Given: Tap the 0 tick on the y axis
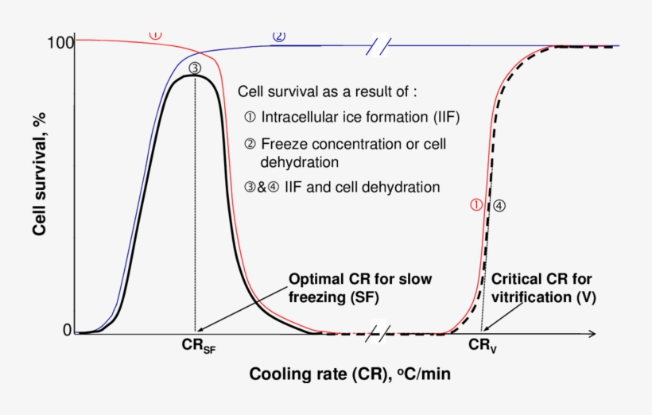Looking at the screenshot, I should (x=67, y=330).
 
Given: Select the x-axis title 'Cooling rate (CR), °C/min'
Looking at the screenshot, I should (x=350, y=374).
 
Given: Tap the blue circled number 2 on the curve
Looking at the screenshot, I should (x=278, y=36).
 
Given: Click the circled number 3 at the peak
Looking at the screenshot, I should (x=196, y=68).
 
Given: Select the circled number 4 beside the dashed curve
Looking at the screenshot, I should (x=499, y=205).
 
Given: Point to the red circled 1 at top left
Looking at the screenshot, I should (x=156, y=35).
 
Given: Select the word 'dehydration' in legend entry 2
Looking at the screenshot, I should (x=295, y=161).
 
